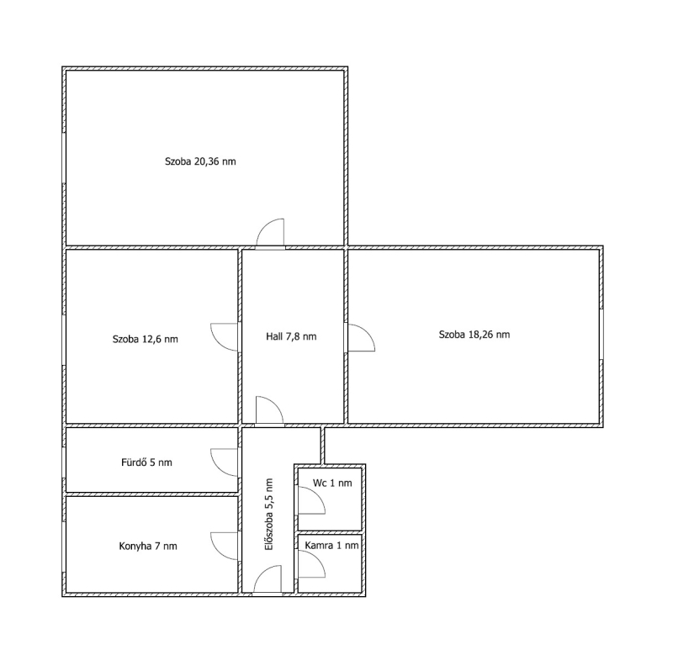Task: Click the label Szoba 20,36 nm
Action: click(x=200, y=161)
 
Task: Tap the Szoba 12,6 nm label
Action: click(x=145, y=339)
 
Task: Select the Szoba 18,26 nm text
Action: click(x=474, y=335)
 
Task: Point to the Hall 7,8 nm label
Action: click(x=291, y=336)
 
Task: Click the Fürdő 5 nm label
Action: click(x=146, y=462)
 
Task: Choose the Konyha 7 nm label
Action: click(x=148, y=547)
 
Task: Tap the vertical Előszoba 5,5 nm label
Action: click(x=269, y=515)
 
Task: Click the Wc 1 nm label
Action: click(x=332, y=483)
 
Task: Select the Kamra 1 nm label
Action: click(x=331, y=546)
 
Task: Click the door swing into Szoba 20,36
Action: click(x=270, y=234)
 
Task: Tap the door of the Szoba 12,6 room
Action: click(x=224, y=337)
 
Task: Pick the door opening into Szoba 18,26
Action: click(x=361, y=338)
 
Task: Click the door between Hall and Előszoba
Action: click(x=269, y=411)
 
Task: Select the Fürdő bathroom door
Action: click(x=224, y=462)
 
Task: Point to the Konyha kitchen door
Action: click(x=224, y=547)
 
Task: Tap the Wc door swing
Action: click(x=311, y=500)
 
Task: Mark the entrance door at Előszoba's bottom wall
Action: click(x=268, y=580)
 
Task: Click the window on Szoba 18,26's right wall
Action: click(x=601, y=334)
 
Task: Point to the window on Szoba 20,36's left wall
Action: click(x=64, y=158)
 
